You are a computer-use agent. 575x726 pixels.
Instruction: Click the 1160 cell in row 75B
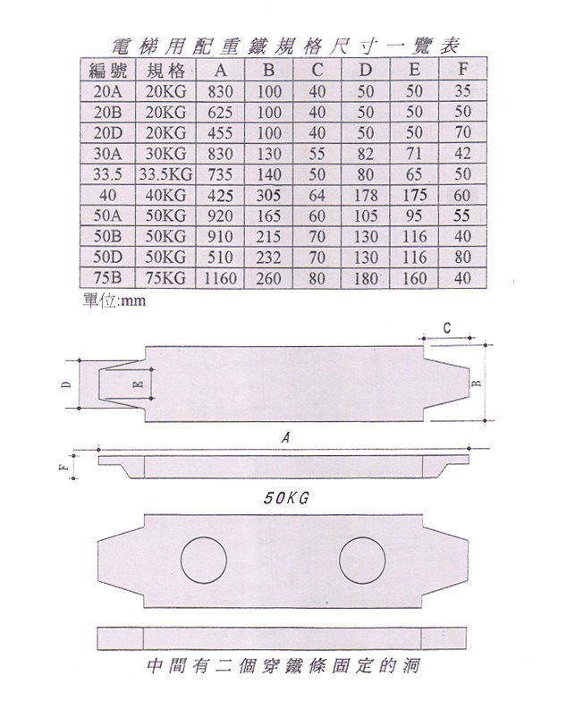[x=220, y=278]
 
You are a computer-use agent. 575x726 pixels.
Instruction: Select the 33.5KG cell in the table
[x=165, y=174]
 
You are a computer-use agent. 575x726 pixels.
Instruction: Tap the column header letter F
[x=462, y=70]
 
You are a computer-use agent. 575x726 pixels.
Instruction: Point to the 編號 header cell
[x=107, y=71]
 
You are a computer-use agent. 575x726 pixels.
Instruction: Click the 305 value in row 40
[x=268, y=196]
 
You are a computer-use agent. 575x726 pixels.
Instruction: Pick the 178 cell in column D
[x=366, y=196]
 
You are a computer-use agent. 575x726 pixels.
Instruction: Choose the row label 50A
[x=107, y=215]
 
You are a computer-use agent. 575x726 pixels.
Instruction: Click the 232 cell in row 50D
[x=268, y=257]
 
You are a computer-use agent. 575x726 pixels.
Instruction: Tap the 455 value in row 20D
[x=220, y=133]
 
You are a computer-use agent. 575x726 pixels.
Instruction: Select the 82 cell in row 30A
[x=366, y=154]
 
